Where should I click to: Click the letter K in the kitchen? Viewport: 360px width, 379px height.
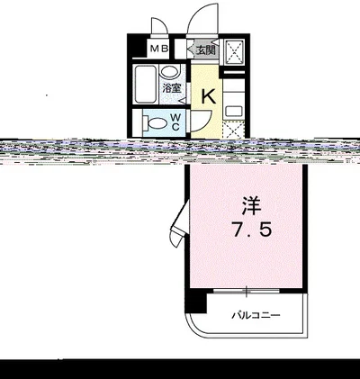pos(206,96)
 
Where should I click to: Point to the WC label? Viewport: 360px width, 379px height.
pos(176,122)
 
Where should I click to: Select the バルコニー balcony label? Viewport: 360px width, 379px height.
pos(256,315)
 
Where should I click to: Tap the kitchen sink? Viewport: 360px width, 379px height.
pos(232,111)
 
